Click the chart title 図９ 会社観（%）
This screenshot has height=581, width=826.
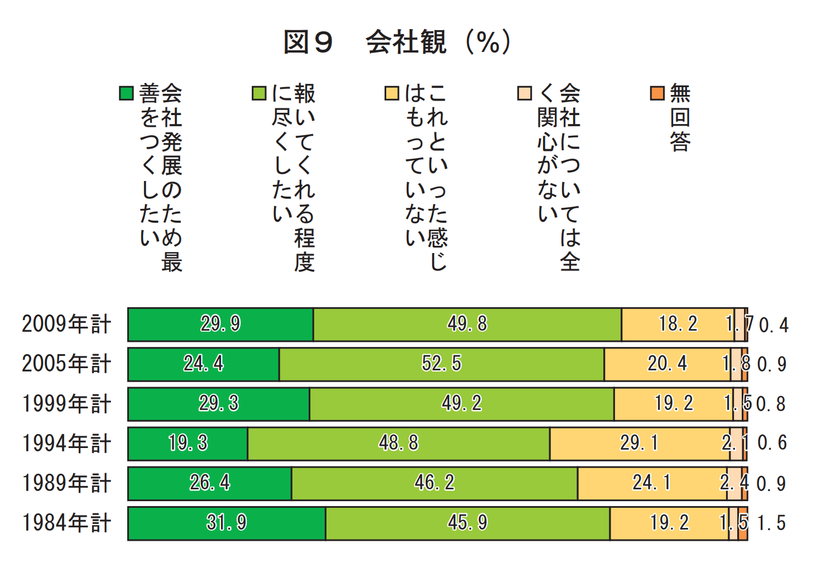[x=397, y=42]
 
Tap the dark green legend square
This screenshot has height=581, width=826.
[x=126, y=93]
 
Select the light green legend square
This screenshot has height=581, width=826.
[x=259, y=93]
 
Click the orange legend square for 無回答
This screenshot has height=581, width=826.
[x=657, y=93]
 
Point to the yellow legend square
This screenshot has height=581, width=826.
[x=392, y=93]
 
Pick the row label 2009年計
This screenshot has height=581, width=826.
[x=66, y=325]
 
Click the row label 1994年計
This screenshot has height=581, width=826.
[x=66, y=444]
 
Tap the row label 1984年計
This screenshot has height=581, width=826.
[x=66, y=523]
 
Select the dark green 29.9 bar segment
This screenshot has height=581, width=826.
[x=220, y=325]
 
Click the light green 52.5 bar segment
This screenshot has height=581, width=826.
[x=441, y=364]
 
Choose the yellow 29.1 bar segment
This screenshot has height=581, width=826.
[x=639, y=444]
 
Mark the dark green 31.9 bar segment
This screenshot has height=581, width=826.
[x=227, y=523]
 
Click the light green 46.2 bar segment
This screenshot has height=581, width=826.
[x=434, y=483]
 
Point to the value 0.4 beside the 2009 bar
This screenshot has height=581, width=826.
[x=774, y=325]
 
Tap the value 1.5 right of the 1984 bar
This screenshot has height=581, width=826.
[x=771, y=523]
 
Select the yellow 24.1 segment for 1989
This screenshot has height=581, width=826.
[x=652, y=483]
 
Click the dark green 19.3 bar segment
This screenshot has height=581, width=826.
[x=188, y=444]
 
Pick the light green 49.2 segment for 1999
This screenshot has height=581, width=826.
[x=462, y=404]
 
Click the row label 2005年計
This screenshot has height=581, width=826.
[x=66, y=364]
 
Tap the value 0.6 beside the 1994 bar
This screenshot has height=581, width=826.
[x=772, y=444]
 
